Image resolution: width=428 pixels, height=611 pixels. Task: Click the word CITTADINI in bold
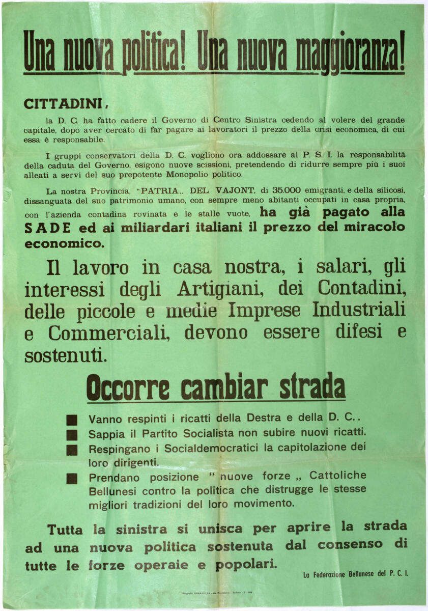[x=63, y=103]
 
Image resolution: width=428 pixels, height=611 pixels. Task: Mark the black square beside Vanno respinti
[x=72, y=420]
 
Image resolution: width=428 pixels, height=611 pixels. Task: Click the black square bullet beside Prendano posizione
[x=72, y=479]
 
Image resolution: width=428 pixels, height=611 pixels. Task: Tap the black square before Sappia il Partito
[x=72, y=435]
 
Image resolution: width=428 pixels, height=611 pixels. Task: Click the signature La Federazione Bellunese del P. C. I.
[x=355, y=574]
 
